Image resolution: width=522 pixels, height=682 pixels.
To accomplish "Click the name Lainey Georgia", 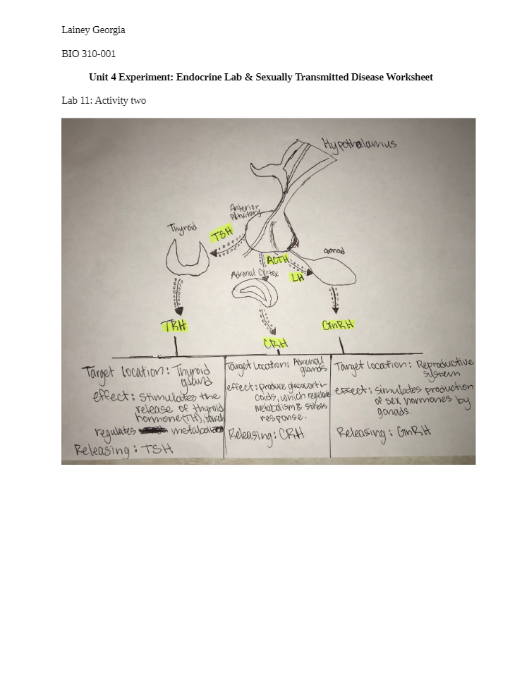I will click(x=93, y=30).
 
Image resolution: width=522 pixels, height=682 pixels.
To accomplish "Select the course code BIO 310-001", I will click(x=89, y=54).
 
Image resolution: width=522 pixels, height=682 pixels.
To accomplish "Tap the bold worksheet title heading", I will click(x=260, y=77).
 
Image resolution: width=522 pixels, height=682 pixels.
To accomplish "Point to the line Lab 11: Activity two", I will click(x=104, y=101).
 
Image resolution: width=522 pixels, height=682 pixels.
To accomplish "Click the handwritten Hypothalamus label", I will click(x=359, y=145).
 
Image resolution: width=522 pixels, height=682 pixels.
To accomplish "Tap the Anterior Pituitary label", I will click(x=245, y=212).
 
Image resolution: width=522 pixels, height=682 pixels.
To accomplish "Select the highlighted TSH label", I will click(x=221, y=234).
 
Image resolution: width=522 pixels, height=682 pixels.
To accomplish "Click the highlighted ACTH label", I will click(x=278, y=260).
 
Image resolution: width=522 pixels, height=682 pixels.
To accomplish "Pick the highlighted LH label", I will click(x=298, y=278).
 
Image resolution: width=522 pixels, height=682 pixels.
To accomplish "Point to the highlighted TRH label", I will click(x=174, y=326).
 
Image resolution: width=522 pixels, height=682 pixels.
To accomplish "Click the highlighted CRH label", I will click(x=275, y=343).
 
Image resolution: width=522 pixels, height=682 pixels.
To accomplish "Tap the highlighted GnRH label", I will click(x=338, y=325).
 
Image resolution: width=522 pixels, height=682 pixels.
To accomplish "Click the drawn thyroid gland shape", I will click(x=187, y=255).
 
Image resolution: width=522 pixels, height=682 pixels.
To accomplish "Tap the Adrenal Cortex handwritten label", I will click(x=255, y=273).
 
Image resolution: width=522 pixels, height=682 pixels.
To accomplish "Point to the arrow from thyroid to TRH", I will click(x=178, y=296).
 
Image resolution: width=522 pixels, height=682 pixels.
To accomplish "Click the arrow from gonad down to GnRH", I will click(x=334, y=300).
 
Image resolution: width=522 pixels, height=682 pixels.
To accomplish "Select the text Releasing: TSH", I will click(x=123, y=449).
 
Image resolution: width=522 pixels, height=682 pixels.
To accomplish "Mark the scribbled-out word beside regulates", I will click(x=153, y=430).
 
